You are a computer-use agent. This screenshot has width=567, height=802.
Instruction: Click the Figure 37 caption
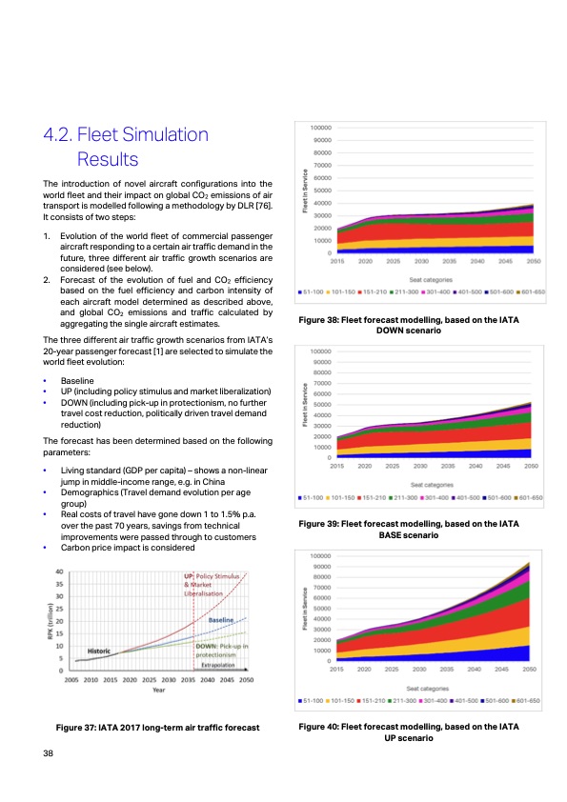click(x=158, y=728)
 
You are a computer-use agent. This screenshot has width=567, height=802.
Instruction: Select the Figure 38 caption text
click(x=409, y=324)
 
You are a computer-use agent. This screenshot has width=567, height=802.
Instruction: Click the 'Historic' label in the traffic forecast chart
click(x=104, y=651)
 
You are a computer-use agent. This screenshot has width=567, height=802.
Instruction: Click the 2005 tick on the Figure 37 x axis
click(x=72, y=682)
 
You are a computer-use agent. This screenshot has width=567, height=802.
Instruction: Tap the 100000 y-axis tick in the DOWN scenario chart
click(x=320, y=128)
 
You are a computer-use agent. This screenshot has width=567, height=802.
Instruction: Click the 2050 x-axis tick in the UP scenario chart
click(x=534, y=671)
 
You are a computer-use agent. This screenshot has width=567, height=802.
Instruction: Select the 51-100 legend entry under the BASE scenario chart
click(x=314, y=497)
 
